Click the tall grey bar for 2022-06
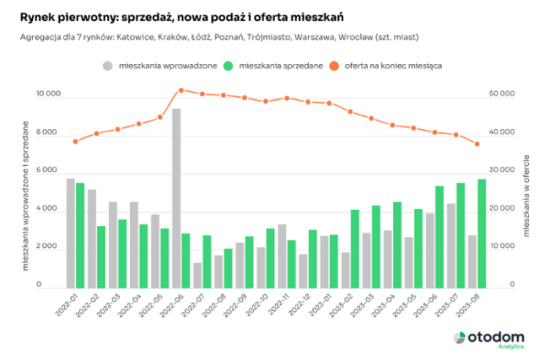coord(176,197)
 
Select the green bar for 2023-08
coord(481,233)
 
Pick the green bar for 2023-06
coord(439,236)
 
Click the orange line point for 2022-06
coord(181,90)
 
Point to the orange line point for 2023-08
coord(477,144)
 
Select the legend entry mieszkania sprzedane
coord(275,66)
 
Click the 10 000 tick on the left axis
coord(49,94)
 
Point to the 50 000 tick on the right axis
coord(502,94)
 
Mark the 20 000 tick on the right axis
coord(502,209)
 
